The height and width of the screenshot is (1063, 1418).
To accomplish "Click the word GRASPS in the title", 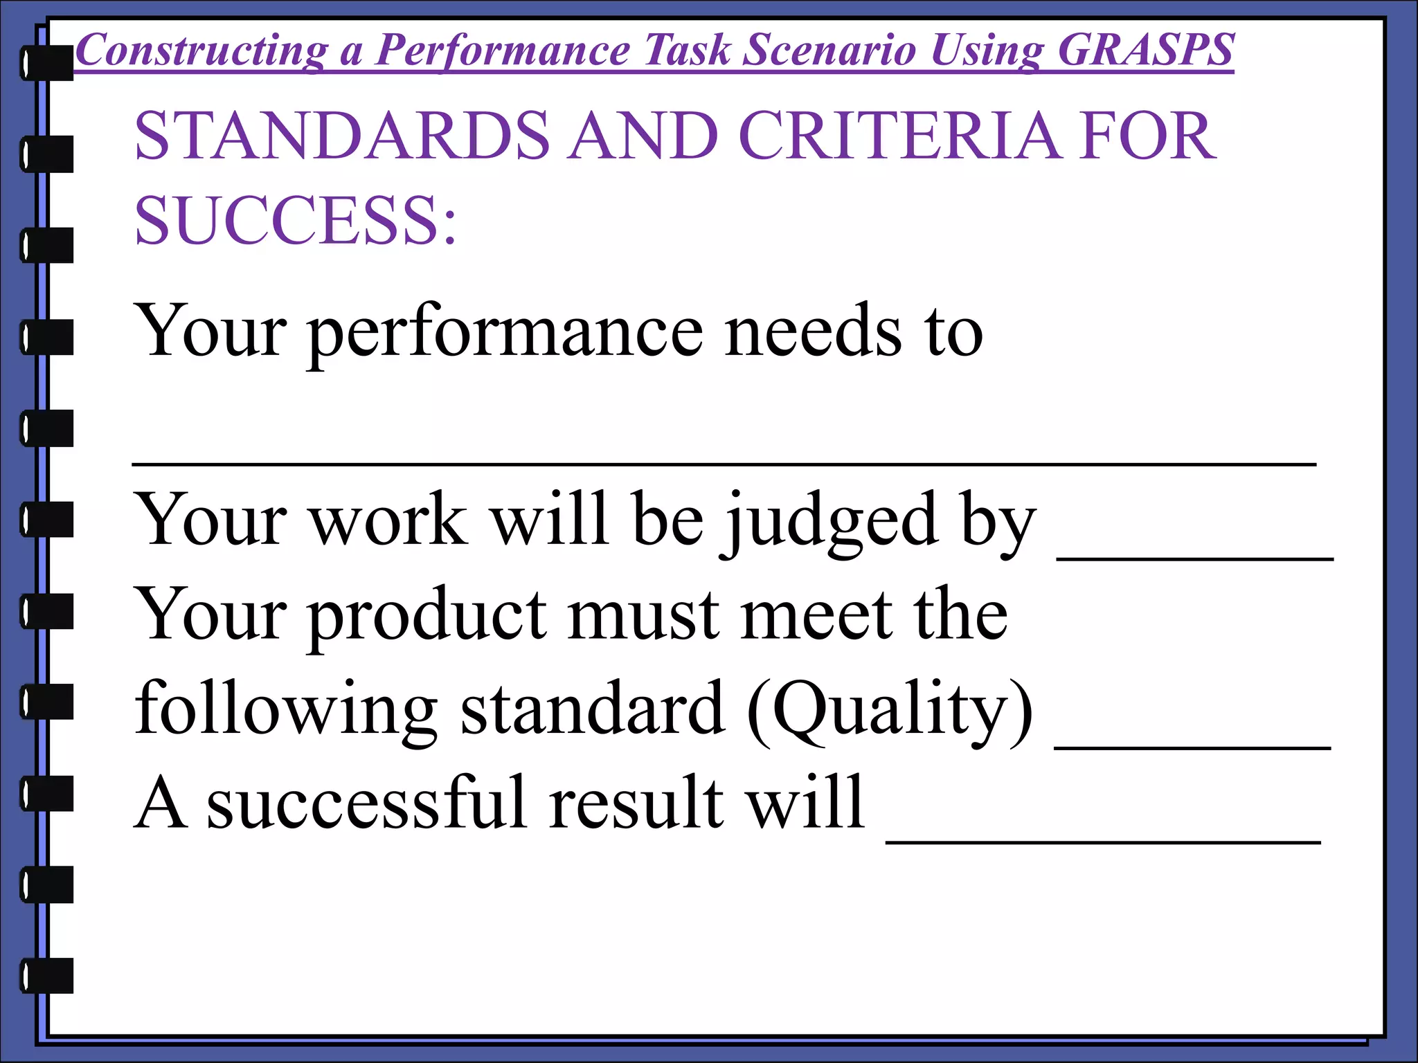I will (1145, 50).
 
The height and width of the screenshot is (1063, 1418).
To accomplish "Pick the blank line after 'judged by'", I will (1195, 557).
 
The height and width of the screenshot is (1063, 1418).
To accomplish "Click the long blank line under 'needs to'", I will (724, 464).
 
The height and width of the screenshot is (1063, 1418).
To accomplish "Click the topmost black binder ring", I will (47, 62).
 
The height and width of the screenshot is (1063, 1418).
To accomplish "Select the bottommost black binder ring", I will (47, 976).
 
